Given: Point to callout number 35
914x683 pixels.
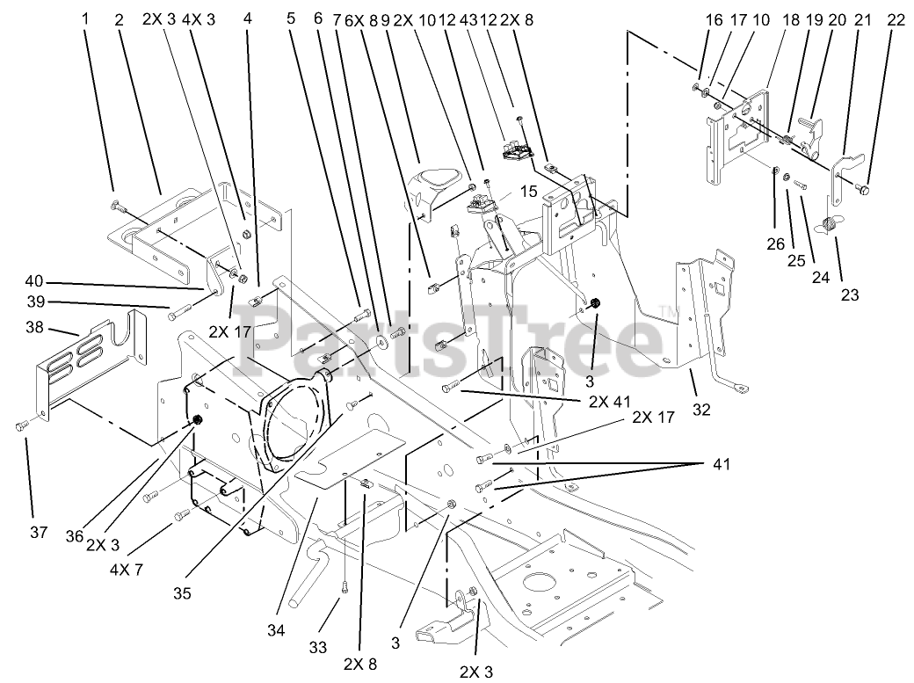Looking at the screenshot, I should tap(182, 592).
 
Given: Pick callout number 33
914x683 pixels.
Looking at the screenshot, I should tap(318, 648).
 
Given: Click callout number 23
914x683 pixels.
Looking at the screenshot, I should tap(849, 295).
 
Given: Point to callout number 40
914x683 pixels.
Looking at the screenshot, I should tap(33, 281).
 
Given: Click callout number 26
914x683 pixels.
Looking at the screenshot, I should tap(774, 244).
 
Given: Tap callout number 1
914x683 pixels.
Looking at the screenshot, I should tap(86, 18).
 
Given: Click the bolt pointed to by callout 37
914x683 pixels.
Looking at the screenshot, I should tap(22, 426).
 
